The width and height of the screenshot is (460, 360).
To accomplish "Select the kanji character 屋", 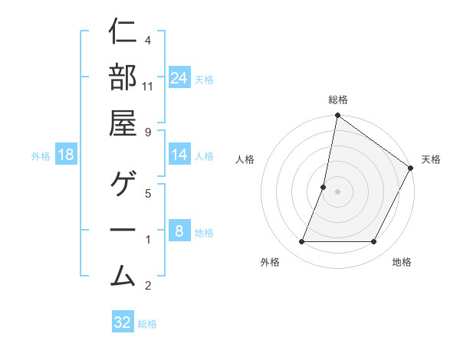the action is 123,123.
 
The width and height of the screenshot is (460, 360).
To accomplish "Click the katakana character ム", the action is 123,275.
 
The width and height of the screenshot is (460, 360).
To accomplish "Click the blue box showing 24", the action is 179,78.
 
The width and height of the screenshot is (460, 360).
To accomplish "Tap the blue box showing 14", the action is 179,155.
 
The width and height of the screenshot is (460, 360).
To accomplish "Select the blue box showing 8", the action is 179,231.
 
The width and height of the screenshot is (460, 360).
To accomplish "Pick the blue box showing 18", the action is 66,155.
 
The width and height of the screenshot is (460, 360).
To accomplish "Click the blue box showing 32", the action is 123,322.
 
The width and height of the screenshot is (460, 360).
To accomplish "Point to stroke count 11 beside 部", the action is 148,87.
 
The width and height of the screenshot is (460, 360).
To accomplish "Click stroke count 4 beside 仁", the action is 148,40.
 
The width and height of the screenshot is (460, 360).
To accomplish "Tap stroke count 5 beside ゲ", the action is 148,193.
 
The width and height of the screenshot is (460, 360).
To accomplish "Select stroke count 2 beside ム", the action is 148,286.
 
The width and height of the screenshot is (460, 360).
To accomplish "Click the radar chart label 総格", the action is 338,100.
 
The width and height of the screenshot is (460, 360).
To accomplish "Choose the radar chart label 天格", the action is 431,159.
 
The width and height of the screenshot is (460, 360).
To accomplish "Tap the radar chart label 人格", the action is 245,159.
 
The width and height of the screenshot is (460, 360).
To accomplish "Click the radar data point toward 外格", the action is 301,242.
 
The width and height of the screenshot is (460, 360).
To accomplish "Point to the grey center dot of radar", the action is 337,191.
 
